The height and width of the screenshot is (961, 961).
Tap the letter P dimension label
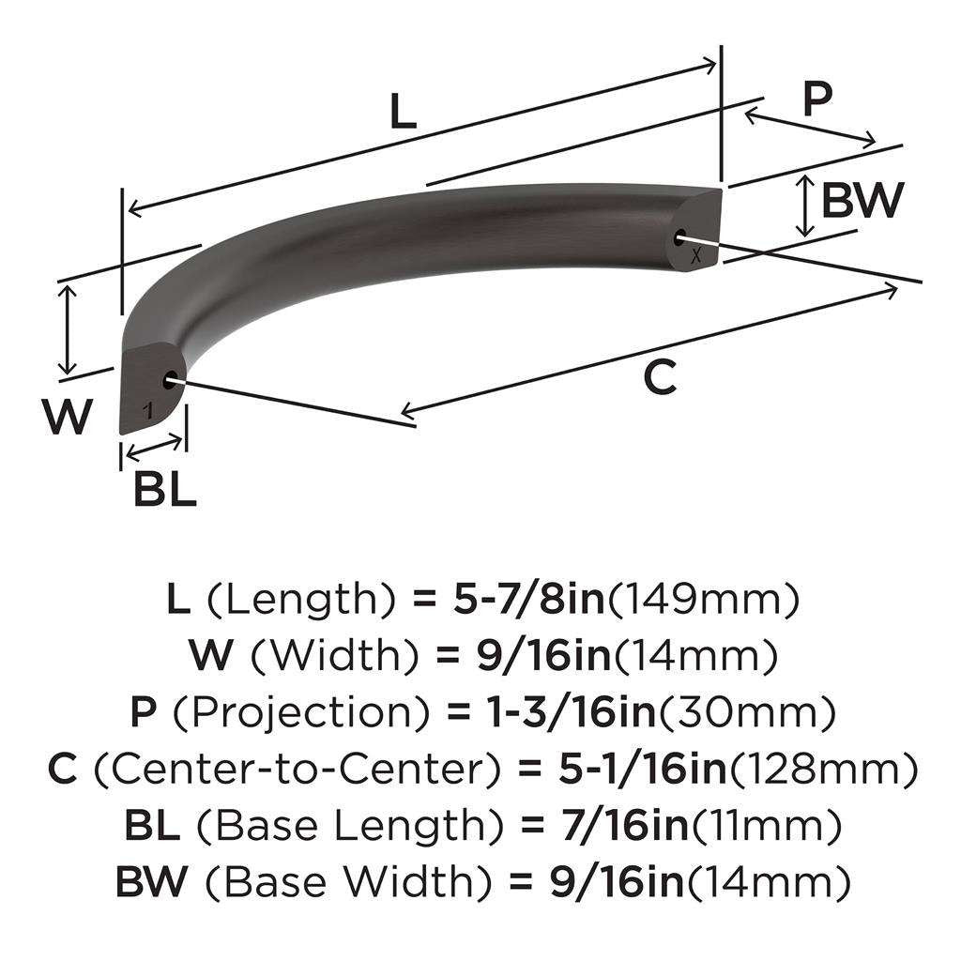(817, 99)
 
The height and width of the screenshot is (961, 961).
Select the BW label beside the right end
(862, 200)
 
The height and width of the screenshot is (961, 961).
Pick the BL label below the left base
(165, 489)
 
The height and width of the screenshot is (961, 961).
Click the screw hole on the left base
(170, 380)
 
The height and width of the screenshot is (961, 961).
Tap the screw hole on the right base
(682, 237)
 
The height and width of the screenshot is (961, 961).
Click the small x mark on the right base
(694, 255)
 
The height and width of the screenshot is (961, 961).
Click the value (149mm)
(704, 598)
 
